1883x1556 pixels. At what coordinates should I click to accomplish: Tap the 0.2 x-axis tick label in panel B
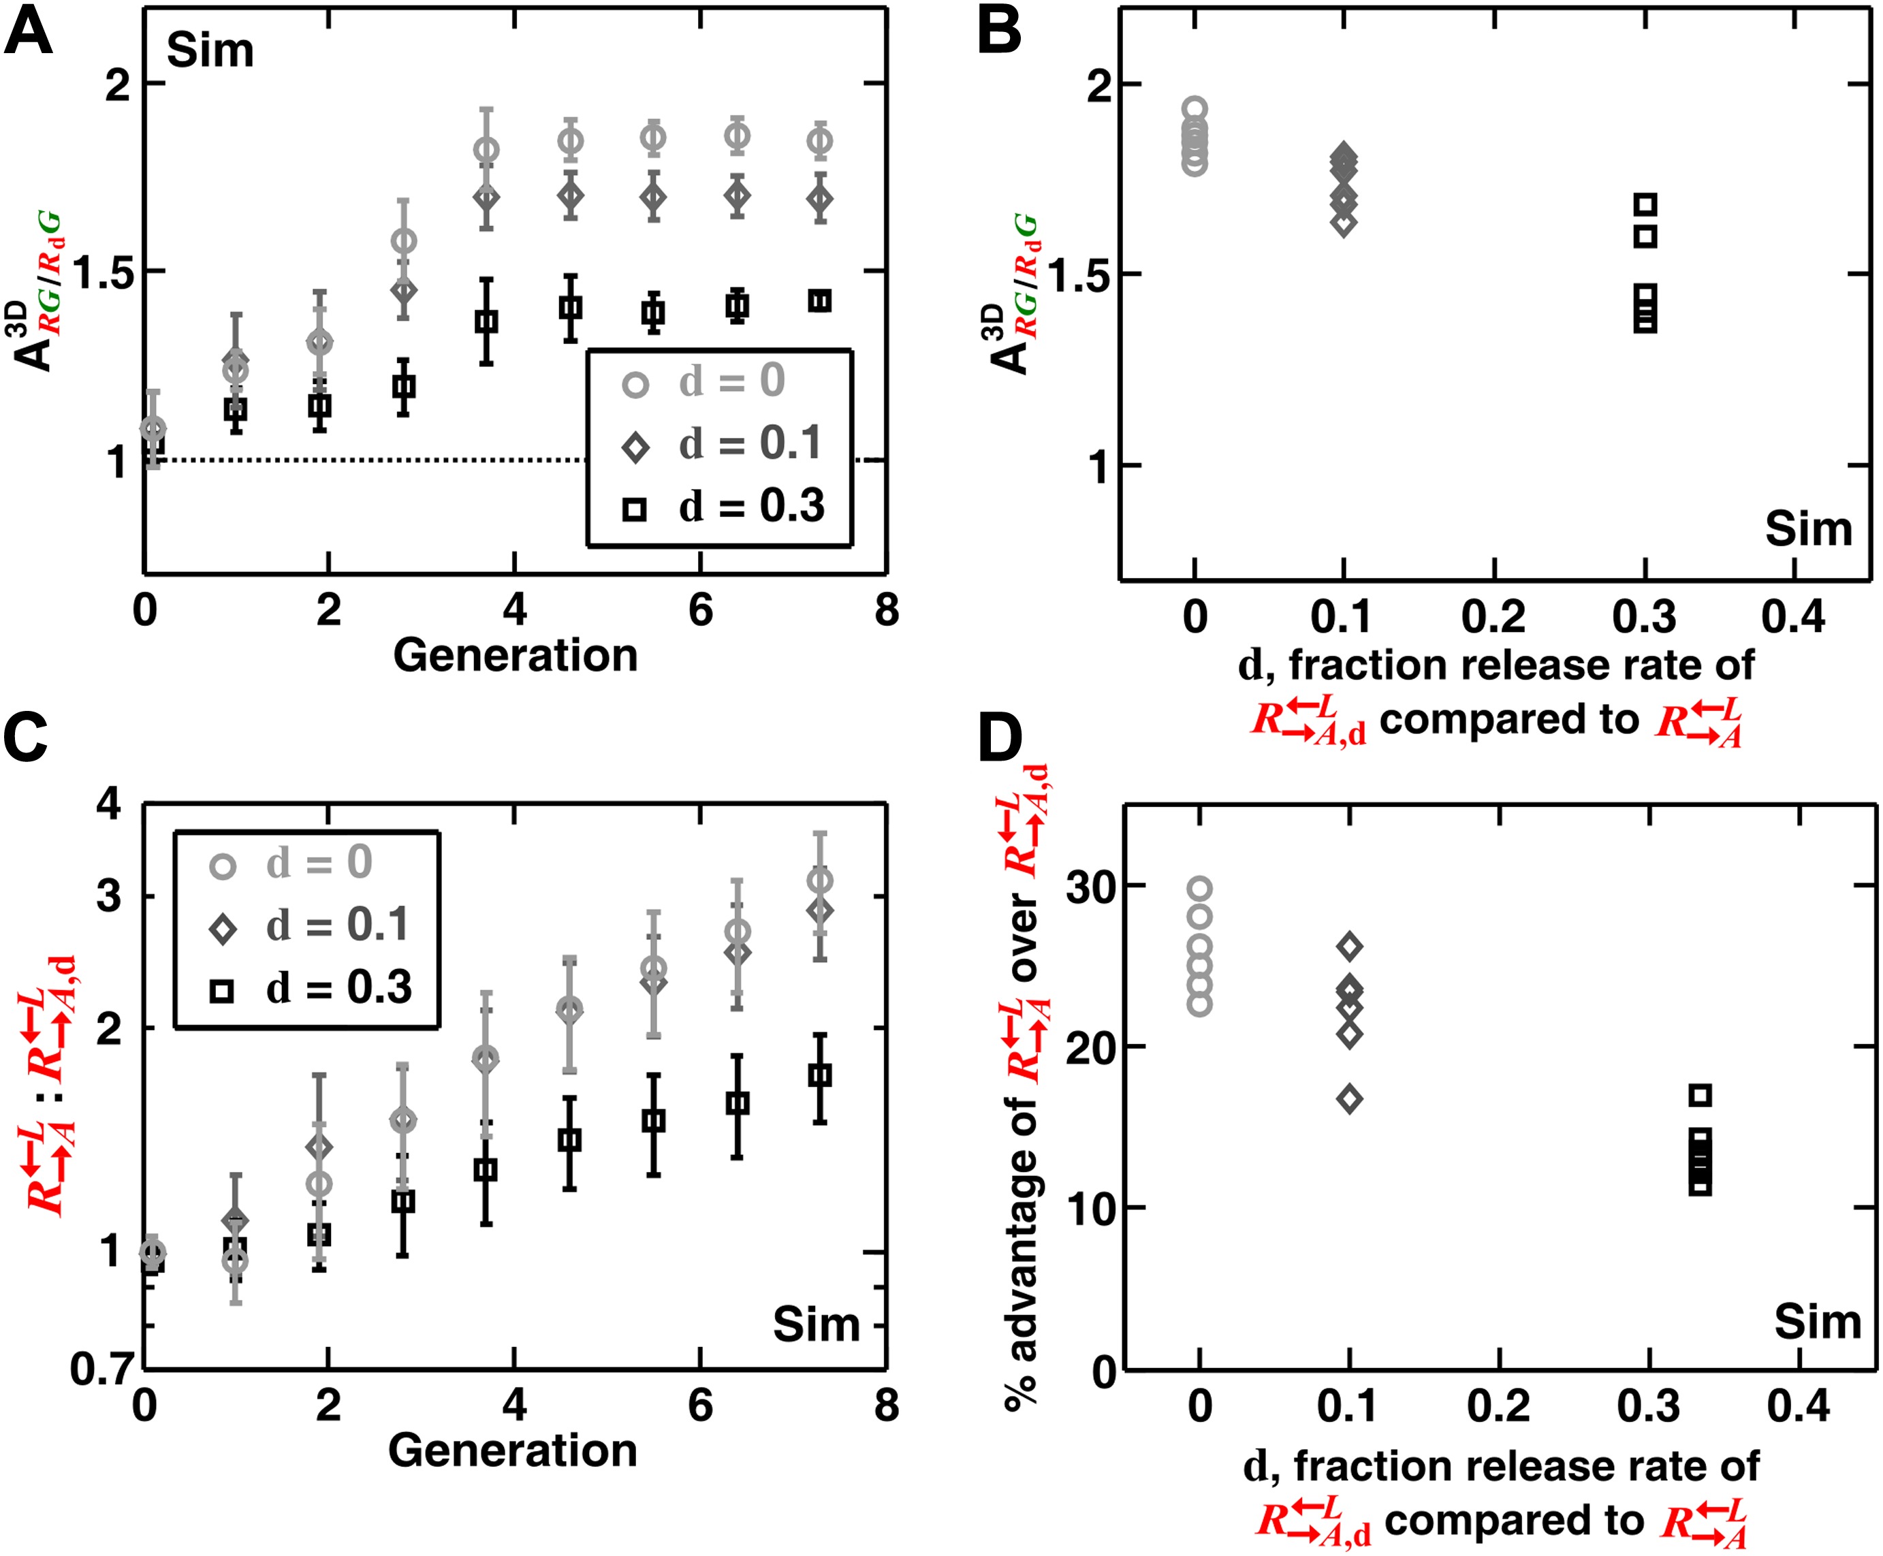(x=1493, y=617)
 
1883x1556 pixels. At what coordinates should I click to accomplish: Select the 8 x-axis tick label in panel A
(x=885, y=609)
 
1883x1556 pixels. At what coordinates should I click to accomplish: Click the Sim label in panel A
(x=210, y=50)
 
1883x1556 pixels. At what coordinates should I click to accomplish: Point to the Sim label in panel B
(x=1807, y=529)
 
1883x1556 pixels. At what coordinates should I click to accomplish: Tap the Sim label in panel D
(x=1817, y=1322)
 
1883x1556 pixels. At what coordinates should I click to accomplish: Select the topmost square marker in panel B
(x=1645, y=204)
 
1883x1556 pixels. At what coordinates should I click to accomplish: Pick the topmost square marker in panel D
(x=1700, y=1094)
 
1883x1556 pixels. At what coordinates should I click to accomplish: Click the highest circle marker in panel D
(x=1200, y=889)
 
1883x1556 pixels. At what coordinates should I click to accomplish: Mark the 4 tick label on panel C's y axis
(x=108, y=805)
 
